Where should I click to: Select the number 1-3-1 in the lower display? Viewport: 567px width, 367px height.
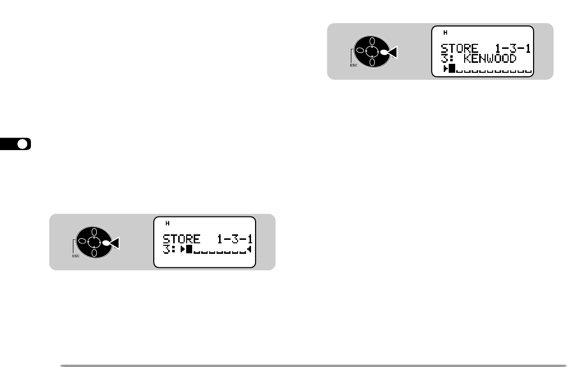(232, 240)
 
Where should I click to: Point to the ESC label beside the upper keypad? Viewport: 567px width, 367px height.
(352, 65)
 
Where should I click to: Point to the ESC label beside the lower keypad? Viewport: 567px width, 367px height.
(74, 256)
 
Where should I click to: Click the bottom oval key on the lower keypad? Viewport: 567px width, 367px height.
(94, 253)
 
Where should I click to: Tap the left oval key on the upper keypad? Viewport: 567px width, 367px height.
(359, 51)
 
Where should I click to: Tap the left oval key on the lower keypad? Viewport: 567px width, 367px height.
(81, 242)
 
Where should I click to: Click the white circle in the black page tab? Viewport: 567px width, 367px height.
(22, 145)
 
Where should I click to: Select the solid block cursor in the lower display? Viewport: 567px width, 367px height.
(189, 249)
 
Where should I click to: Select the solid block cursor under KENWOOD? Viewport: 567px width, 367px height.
(452, 69)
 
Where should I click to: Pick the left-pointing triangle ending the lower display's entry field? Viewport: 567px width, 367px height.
(249, 249)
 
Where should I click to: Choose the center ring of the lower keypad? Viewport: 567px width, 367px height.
(94, 242)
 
